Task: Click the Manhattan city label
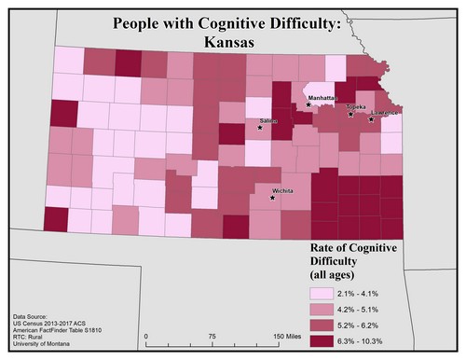tap(318, 96)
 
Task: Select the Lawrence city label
tap(385, 113)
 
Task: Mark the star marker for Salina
tap(260, 127)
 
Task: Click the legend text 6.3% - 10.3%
tap(378, 345)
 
